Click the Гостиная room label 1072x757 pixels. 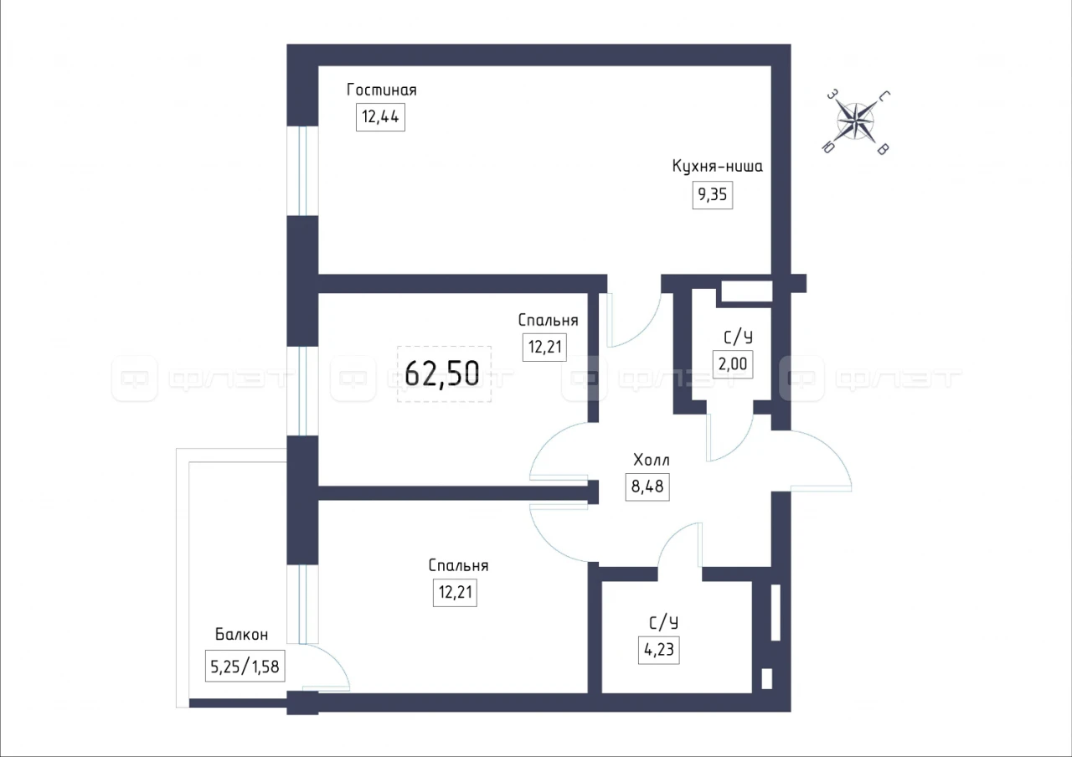tap(381, 90)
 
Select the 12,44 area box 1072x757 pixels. tap(380, 116)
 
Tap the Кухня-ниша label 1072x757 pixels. tap(718, 166)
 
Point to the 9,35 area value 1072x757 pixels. tap(712, 195)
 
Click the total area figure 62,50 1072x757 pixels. tap(442, 373)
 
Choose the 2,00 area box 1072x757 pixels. tap(733, 364)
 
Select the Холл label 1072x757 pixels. tap(652, 460)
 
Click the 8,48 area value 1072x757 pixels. tap(647, 487)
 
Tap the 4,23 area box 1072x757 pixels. tap(659, 650)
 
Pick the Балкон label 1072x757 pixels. tap(242, 635)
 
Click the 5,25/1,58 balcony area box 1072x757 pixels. tap(245, 666)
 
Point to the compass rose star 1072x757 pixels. tap(856, 121)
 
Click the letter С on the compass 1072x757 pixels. tap(884, 96)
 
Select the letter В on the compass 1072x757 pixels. tap(883, 149)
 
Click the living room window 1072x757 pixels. tap(302, 171)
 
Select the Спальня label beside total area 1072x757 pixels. tap(548, 320)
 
